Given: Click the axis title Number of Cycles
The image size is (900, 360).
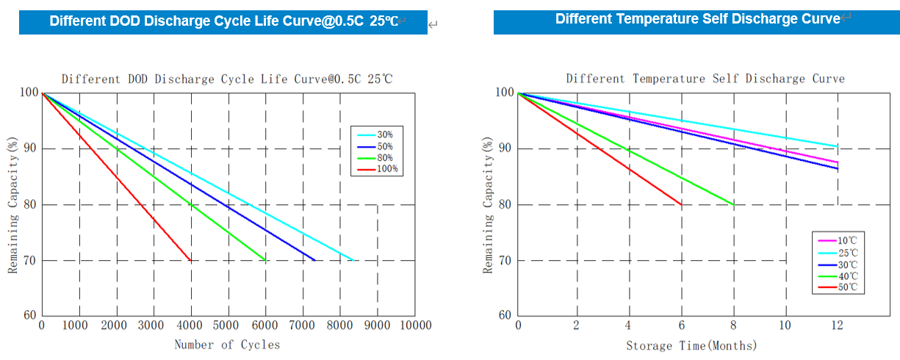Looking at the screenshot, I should [227, 345].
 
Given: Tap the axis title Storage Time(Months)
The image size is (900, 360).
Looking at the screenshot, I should [691, 345].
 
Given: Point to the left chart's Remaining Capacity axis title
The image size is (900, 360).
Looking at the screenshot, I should [12, 204].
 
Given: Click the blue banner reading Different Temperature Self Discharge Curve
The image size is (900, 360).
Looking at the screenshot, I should [698, 20].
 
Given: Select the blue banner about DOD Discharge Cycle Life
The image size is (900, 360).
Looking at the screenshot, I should [223, 21].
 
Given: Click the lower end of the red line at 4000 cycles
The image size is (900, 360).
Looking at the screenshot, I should [191, 260].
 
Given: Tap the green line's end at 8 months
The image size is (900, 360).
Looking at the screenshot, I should [733, 205].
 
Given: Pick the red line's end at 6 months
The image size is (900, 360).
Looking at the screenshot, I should [681, 205].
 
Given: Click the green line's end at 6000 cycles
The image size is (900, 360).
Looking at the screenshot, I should [265, 260].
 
